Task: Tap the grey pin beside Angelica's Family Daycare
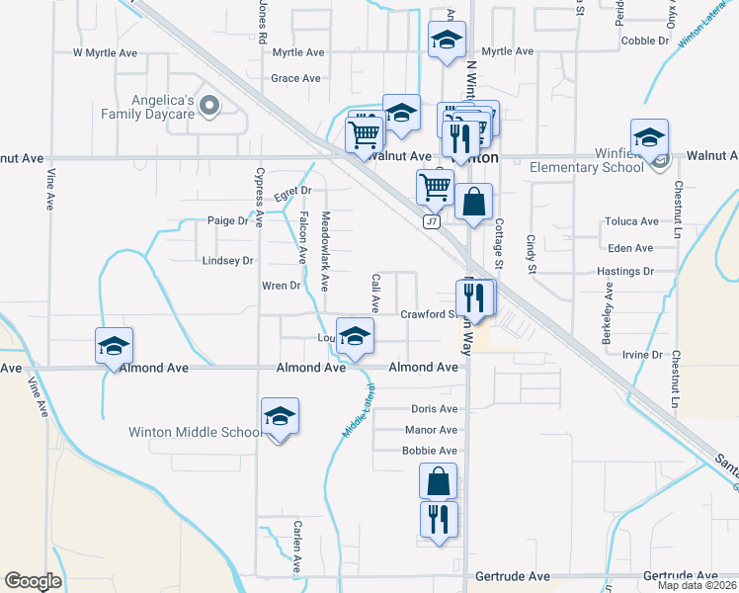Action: coord(208,106)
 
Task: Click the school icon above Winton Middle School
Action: coord(280,416)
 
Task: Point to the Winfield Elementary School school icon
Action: coord(649,136)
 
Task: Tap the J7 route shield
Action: coord(432,222)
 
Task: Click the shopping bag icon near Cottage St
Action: coord(474,202)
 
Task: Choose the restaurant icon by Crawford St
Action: coord(474,296)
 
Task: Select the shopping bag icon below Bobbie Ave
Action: coord(438,481)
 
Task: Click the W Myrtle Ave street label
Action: coord(107,51)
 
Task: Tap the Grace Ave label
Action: coord(296,78)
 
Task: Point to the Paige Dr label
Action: coord(228,221)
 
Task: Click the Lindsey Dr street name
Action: coord(228,261)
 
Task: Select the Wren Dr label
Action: coord(281,287)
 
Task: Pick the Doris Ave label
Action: coord(435,409)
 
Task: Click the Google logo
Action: coord(33,581)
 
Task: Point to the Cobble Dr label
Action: coord(646,41)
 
